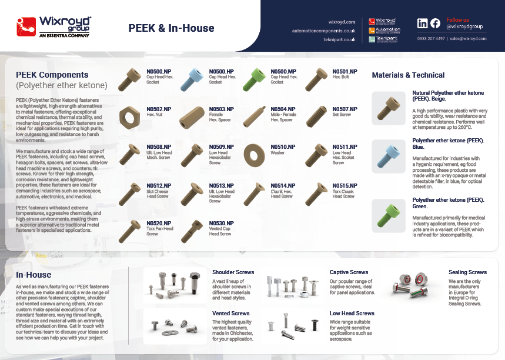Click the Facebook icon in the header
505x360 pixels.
click(x=435, y=24)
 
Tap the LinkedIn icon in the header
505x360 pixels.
click(x=422, y=24)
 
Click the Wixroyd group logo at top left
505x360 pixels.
click(x=54, y=26)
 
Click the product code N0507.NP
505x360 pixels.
click(x=345, y=109)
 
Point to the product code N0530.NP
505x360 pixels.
click(x=221, y=224)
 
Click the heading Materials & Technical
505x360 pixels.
click(x=408, y=75)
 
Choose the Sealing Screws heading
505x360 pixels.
click(x=467, y=272)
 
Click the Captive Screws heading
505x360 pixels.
click(x=349, y=272)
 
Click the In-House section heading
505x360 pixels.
click(x=34, y=275)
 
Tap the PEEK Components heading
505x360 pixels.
click(x=52, y=75)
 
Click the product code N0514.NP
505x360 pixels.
click(x=283, y=186)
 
